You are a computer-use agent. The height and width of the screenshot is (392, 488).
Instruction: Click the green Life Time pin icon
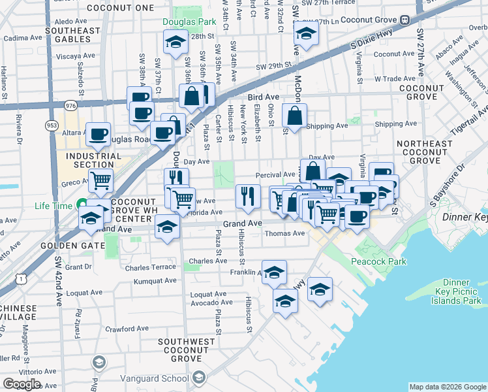click(x=82, y=205)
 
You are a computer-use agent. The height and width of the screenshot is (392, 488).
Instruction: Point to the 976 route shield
click(x=70, y=105)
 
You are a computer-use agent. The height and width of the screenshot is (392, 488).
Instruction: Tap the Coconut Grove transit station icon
click(x=404, y=19)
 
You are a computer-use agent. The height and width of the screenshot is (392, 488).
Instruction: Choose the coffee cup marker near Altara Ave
click(x=98, y=135)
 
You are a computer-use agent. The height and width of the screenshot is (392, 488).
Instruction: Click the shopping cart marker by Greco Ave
click(x=100, y=180)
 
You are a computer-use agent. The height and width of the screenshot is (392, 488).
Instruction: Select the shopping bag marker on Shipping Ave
click(x=295, y=117)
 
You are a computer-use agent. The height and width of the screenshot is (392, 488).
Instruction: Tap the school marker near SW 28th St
click(x=174, y=43)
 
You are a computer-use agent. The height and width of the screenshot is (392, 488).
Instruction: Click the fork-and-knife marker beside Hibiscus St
click(x=248, y=196)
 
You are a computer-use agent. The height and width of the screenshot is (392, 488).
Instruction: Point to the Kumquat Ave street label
click(x=155, y=281)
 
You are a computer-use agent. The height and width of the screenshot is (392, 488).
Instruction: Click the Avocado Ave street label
click(x=208, y=302)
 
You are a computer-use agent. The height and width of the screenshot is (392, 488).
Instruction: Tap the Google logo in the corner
click(x=22, y=385)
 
